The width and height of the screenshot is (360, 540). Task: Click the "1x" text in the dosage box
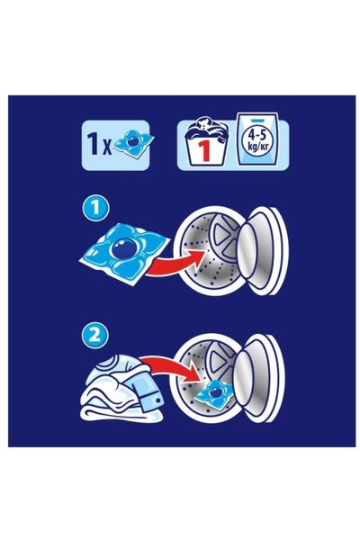click(x=100, y=145)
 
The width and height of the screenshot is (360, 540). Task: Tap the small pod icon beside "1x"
click(x=134, y=144)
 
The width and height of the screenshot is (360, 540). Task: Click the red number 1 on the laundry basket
click(x=204, y=151)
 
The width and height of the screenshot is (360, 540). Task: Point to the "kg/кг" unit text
click(x=257, y=145)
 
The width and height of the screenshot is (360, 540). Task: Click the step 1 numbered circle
click(x=95, y=208)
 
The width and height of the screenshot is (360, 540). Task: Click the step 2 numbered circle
click(x=95, y=336)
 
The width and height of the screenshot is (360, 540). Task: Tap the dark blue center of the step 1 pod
click(x=124, y=248)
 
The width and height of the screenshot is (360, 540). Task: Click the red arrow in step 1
click(x=175, y=263)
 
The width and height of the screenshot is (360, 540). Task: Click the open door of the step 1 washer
click(x=263, y=251)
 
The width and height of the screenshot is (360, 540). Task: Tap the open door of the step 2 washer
click(x=258, y=379)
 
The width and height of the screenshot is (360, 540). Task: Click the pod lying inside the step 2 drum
click(x=214, y=394)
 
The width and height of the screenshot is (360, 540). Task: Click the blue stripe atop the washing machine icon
click(x=256, y=121)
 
